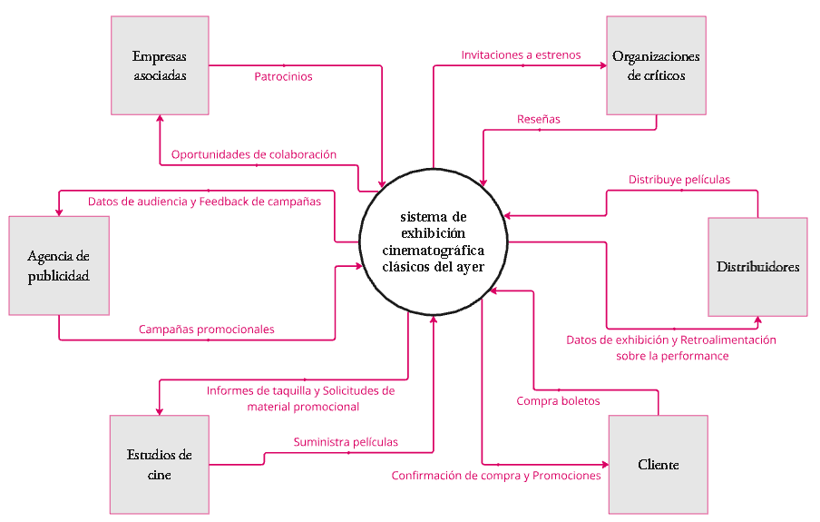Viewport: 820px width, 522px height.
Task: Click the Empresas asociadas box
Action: [160, 65]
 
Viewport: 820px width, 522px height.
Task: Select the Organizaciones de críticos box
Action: [656, 65]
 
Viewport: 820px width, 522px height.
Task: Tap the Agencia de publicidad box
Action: [59, 265]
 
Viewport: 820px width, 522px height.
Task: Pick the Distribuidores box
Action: [757, 267]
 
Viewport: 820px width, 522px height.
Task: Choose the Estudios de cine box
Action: [159, 464]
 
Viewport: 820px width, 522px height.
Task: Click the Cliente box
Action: [658, 464]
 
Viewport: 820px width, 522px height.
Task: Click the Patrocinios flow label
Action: [283, 77]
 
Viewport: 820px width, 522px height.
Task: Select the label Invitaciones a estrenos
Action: [521, 55]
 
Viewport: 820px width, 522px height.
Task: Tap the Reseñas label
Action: [539, 119]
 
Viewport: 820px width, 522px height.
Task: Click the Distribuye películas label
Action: [679, 180]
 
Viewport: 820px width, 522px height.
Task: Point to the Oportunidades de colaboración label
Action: [254, 154]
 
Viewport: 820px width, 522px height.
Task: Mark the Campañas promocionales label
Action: [207, 330]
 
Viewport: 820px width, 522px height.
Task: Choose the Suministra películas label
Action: [346, 442]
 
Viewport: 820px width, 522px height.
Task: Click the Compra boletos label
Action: [558, 400]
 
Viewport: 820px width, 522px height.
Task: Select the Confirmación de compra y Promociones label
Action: [496, 476]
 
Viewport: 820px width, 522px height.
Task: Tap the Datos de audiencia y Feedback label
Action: [204, 202]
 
